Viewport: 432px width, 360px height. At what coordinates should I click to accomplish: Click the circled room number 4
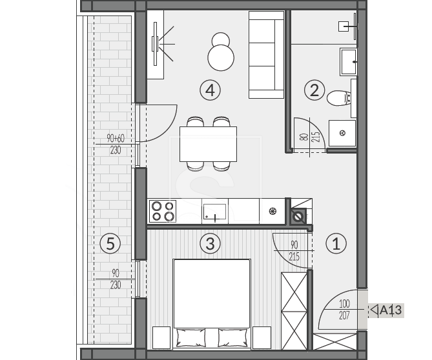211,90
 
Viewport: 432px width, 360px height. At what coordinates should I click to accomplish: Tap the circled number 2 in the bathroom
314,90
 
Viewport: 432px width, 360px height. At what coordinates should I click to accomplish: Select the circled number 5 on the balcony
110,243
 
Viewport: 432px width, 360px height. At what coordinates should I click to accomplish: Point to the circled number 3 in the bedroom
211,243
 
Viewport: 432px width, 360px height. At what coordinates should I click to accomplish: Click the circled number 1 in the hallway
336,243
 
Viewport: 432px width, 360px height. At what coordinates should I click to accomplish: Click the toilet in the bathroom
339,98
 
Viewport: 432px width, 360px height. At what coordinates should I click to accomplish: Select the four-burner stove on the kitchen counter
163,211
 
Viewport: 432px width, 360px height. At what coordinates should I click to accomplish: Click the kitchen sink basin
214,212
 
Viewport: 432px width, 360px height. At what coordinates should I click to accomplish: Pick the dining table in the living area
209,144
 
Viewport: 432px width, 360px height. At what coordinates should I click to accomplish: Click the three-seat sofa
266,54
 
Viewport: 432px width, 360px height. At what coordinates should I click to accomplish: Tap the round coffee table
221,58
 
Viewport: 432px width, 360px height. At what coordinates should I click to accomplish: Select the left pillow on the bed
190,337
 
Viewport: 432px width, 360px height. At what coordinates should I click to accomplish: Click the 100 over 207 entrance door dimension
344,310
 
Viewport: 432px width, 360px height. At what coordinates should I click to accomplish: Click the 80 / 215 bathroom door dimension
311,137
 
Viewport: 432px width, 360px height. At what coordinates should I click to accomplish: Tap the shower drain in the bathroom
343,133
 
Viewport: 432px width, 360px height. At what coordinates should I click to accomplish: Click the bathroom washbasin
349,62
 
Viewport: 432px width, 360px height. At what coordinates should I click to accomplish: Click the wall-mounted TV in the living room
156,44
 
